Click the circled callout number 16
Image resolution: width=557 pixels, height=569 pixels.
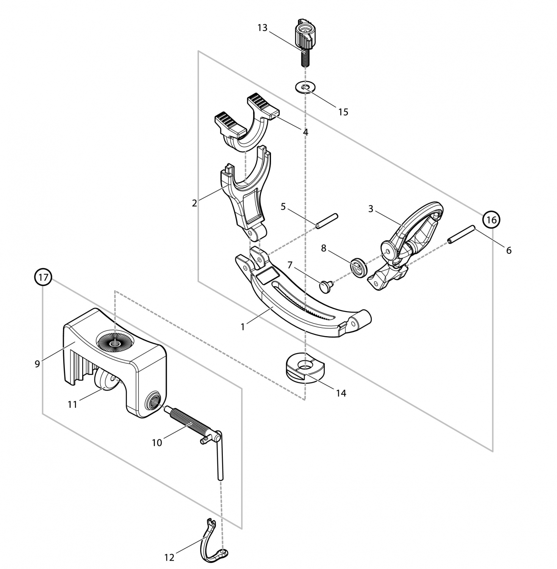coord(491,220)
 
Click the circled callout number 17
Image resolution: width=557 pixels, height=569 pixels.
coord(43,277)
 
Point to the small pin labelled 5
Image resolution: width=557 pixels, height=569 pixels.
coord(327,221)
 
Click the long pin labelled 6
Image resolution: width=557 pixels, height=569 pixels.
coord(461,235)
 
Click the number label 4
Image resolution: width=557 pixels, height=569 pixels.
coord(305,132)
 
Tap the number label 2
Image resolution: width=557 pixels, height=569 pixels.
coord(194,203)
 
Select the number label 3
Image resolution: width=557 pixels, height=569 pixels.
coord(371,209)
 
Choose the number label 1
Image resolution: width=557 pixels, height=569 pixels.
coord(243,326)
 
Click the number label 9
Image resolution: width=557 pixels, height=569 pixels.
coord(37,364)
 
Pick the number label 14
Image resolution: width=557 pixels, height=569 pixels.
coord(341,393)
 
